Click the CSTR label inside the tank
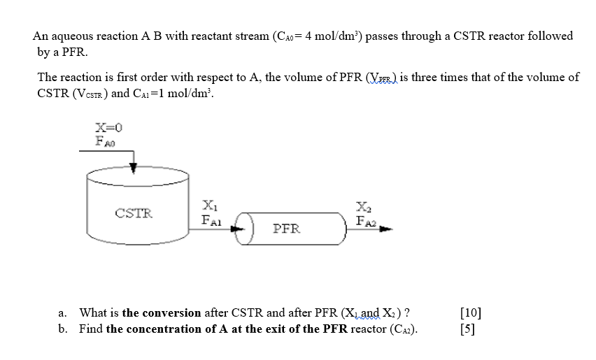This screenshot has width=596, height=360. click(134, 213)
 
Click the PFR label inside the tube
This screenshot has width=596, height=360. click(287, 229)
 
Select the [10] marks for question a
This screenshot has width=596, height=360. click(471, 313)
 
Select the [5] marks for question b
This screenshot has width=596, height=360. click(468, 329)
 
